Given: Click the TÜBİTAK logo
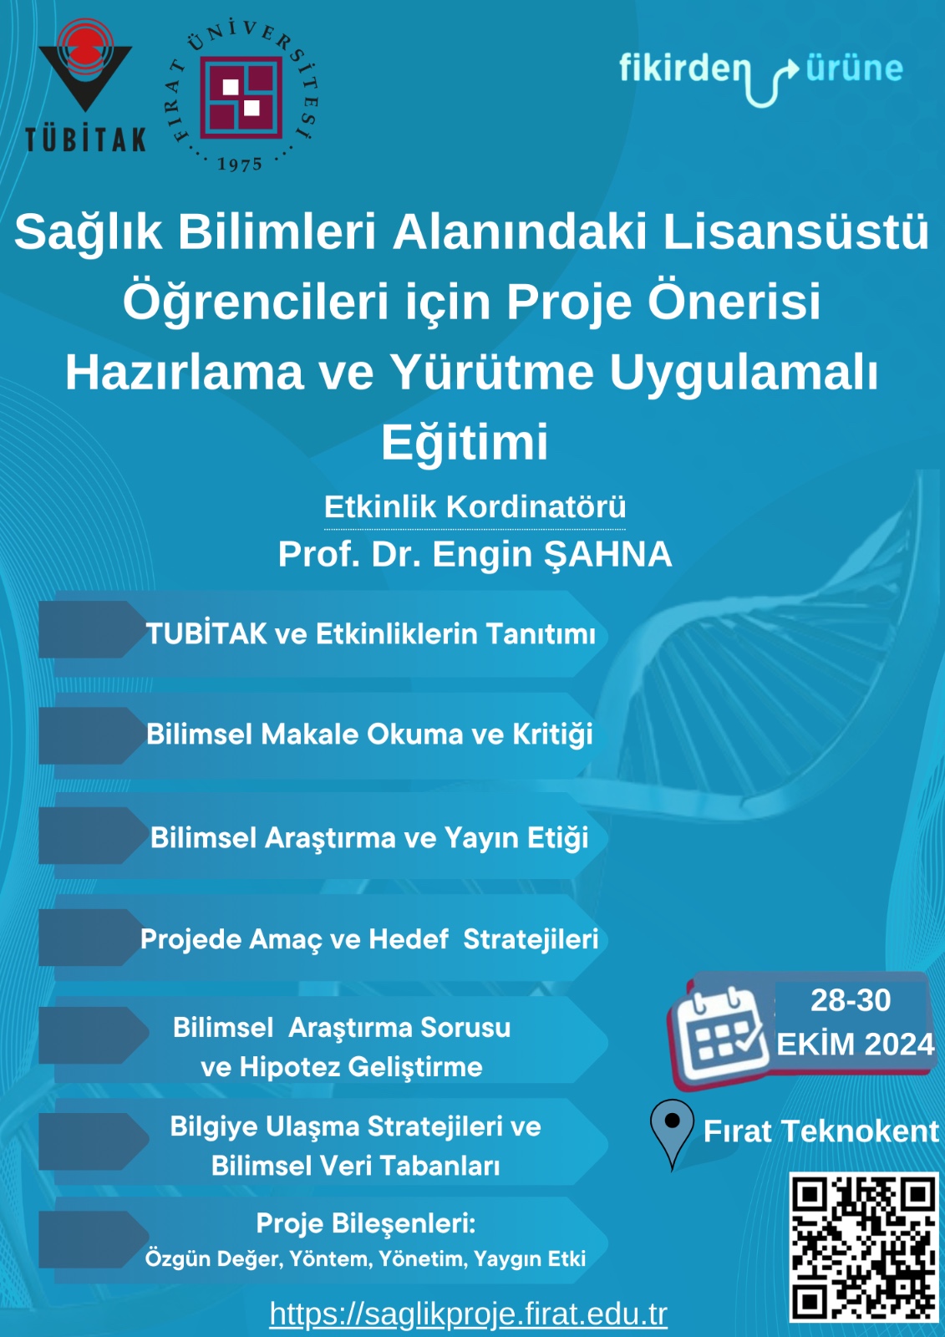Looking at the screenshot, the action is point(85,84).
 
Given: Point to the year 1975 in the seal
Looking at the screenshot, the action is point(240,164).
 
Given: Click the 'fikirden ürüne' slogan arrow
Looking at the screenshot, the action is point(773,82).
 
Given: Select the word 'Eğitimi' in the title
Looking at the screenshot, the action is point(465,443).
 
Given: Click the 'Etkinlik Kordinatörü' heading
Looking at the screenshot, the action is point(475,507).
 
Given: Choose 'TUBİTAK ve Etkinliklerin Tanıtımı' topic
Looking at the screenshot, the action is point(371,633).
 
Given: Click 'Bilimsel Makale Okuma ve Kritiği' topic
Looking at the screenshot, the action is point(369,735).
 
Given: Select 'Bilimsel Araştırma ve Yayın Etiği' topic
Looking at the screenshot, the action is point(369,838).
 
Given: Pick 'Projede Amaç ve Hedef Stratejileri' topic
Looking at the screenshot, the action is point(369,939).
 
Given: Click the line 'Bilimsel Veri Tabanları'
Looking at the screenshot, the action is point(355,1166).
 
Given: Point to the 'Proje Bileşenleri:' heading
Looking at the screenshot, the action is point(366,1223).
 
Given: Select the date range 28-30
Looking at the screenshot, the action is point(851,999).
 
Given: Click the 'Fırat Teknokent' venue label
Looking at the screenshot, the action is point(821,1131).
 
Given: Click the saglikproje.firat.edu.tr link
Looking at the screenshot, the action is point(468,1313).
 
